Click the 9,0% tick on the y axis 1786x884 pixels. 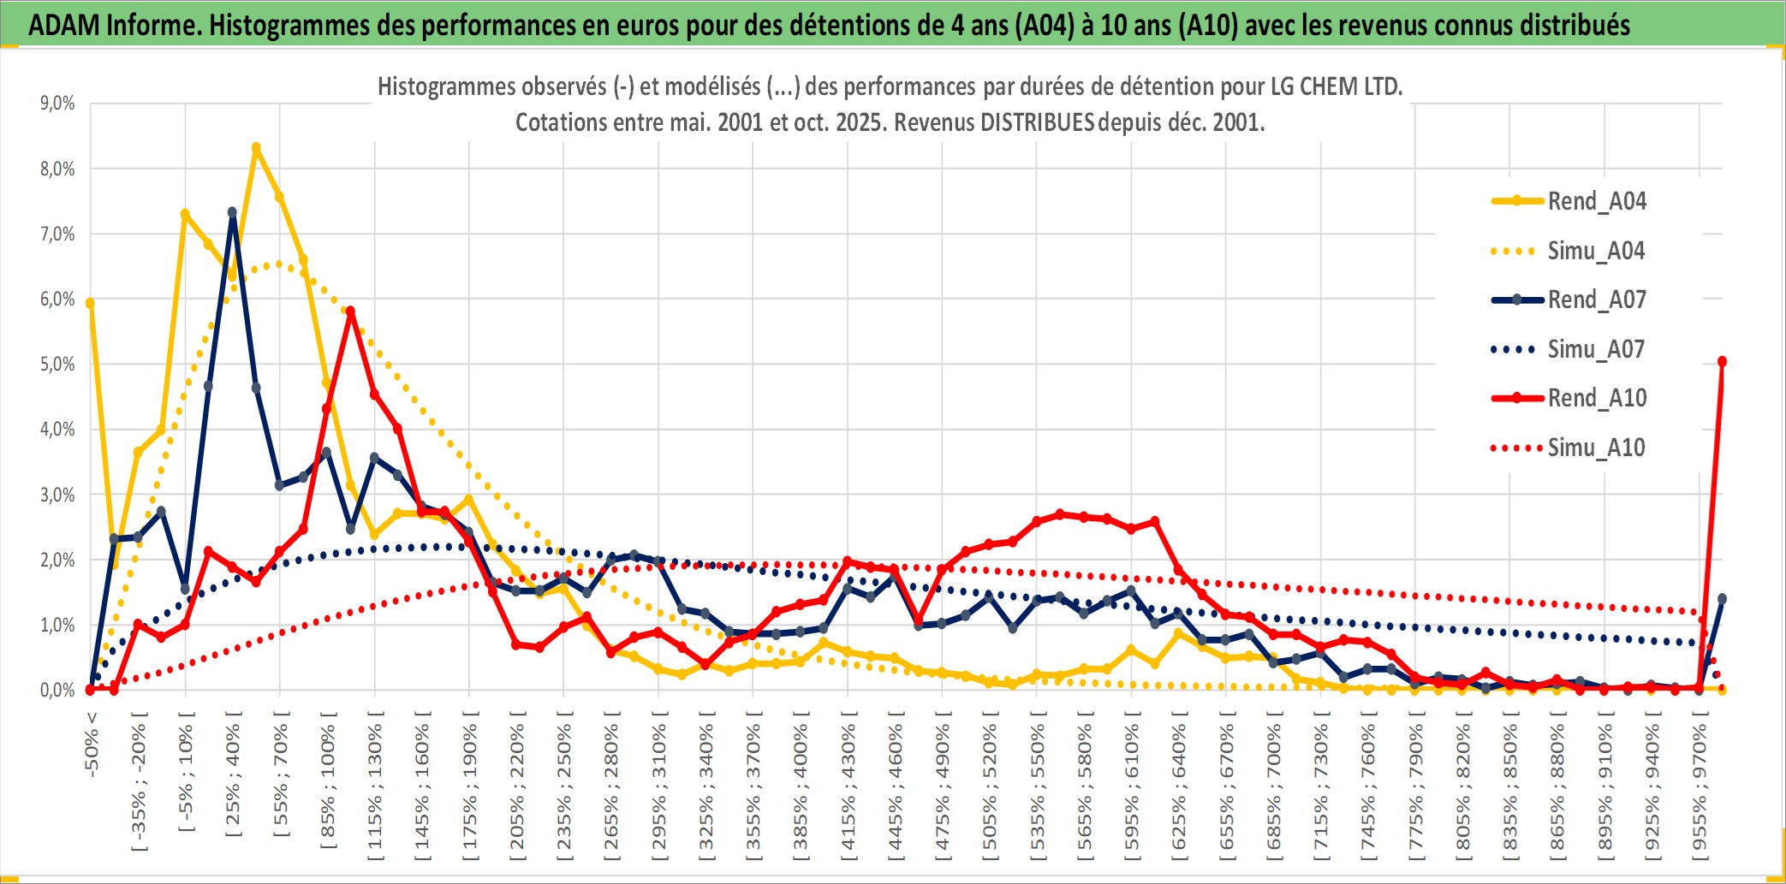pyautogui.click(x=57, y=104)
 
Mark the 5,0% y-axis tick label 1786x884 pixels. pyautogui.click(x=57, y=365)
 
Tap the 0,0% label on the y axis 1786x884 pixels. pyautogui.click(x=57, y=690)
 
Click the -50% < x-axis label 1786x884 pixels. pyautogui.click(x=92, y=744)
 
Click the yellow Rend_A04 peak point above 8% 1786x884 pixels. pyautogui.click(x=256, y=147)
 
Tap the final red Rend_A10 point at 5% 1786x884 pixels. pyautogui.click(x=1722, y=362)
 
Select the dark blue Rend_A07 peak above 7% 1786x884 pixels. pyautogui.click(x=232, y=211)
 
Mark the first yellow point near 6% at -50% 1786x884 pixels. pyautogui.click(x=90, y=303)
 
